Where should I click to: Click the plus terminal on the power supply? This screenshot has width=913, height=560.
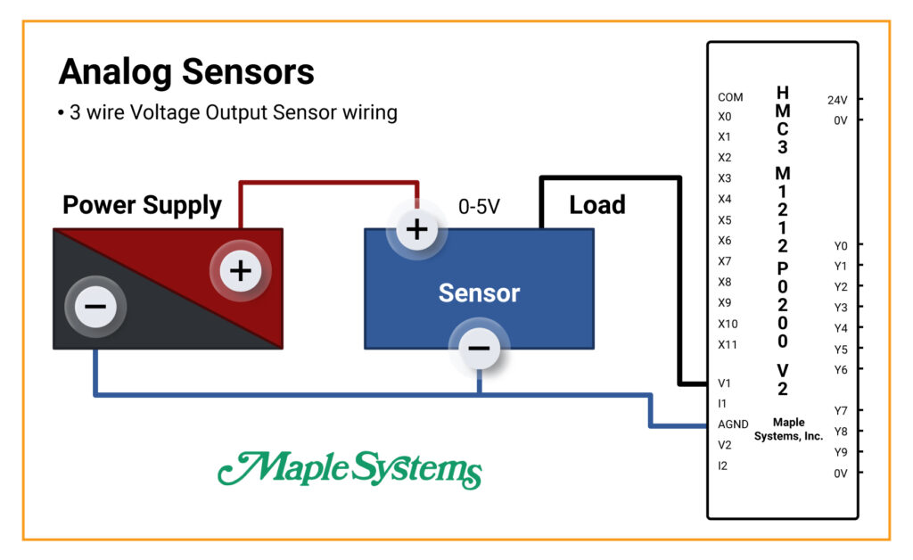tap(241, 271)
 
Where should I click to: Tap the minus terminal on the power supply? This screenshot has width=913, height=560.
tap(95, 306)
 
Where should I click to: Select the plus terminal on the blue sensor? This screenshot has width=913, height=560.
tap(417, 229)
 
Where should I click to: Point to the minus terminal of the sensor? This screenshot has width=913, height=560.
tap(479, 348)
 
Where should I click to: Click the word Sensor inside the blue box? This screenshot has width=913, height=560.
tap(479, 292)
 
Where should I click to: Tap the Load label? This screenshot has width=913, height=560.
tap(597, 205)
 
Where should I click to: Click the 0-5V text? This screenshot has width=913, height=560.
tap(479, 207)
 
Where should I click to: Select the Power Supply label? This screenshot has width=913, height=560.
tap(142, 205)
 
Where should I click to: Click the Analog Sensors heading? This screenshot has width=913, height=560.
tap(186, 72)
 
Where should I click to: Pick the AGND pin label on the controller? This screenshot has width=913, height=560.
tap(733, 424)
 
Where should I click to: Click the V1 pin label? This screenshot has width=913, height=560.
tap(724, 383)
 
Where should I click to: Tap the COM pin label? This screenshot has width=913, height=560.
tap(730, 97)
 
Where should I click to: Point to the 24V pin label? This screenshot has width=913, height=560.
tap(837, 100)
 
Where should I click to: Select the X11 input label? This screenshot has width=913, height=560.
tap(728, 344)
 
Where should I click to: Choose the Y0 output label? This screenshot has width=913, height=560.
tap(841, 245)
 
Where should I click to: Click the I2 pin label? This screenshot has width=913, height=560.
tap(722, 465)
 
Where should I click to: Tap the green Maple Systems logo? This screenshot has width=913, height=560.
tap(350, 470)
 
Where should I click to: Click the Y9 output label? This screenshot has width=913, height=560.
tap(841, 452)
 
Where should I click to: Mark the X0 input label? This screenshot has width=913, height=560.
tap(724, 117)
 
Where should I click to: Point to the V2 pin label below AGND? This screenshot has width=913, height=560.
tap(724, 445)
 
